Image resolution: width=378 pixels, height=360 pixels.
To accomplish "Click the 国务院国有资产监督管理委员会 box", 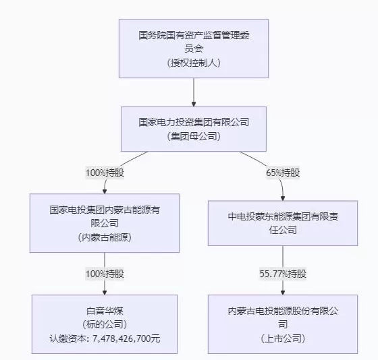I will pyautogui.click(x=194, y=47).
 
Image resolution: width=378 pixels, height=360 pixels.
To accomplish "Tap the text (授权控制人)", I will pyautogui.click(x=194, y=62).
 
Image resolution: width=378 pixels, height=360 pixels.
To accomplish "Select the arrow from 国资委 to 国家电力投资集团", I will pyautogui.click(x=194, y=91).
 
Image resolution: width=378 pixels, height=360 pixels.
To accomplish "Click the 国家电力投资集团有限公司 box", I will pyautogui.click(x=194, y=128).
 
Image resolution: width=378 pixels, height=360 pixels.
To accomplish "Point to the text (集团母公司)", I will pyautogui.click(x=194, y=136).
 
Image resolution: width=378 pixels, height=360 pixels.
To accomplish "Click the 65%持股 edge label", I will pyautogui.click(x=283, y=173).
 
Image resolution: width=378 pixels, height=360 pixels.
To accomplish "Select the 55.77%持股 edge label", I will pyautogui.click(x=283, y=274).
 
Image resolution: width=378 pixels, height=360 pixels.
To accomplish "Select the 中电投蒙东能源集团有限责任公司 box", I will pyautogui.click(x=283, y=222).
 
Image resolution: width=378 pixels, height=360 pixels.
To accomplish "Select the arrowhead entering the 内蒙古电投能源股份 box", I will pyautogui.click(x=283, y=291).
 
